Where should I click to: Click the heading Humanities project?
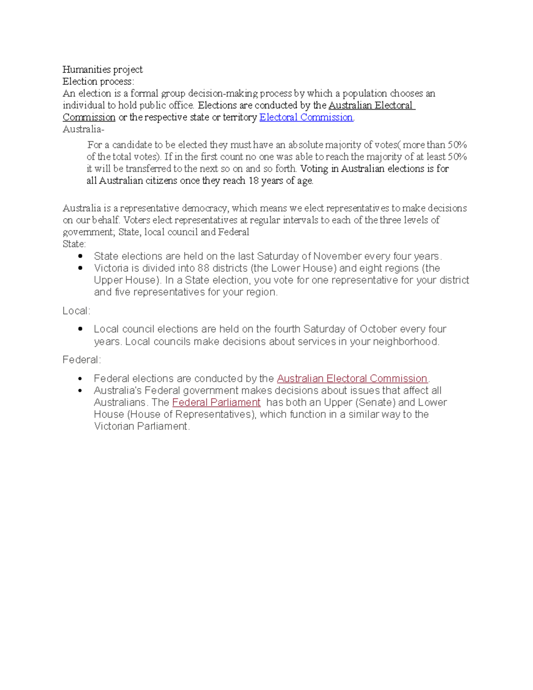click(x=102, y=69)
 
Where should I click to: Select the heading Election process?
click(x=98, y=81)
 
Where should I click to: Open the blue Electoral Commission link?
click(x=306, y=117)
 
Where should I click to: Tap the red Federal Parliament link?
click(x=216, y=403)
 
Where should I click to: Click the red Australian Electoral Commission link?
click(x=352, y=379)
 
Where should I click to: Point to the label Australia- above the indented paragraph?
click(x=83, y=129)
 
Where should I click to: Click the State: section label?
click(x=74, y=244)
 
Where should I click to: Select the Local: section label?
click(x=76, y=311)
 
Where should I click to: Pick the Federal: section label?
click(x=82, y=360)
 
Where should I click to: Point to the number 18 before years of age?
click(x=253, y=181)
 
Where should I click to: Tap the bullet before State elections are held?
click(x=80, y=256)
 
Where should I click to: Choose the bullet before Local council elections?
click(x=80, y=329)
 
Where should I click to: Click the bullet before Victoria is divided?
click(x=80, y=268)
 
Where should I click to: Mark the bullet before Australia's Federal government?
click(x=80, y=391)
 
